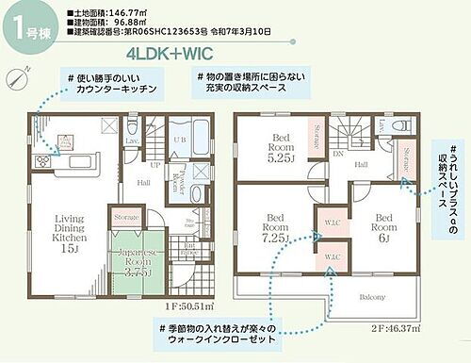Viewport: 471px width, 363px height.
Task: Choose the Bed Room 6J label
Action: point(383,227)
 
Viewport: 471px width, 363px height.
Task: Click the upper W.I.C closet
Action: point(333,223)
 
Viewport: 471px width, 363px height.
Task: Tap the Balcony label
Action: point(372,296)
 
